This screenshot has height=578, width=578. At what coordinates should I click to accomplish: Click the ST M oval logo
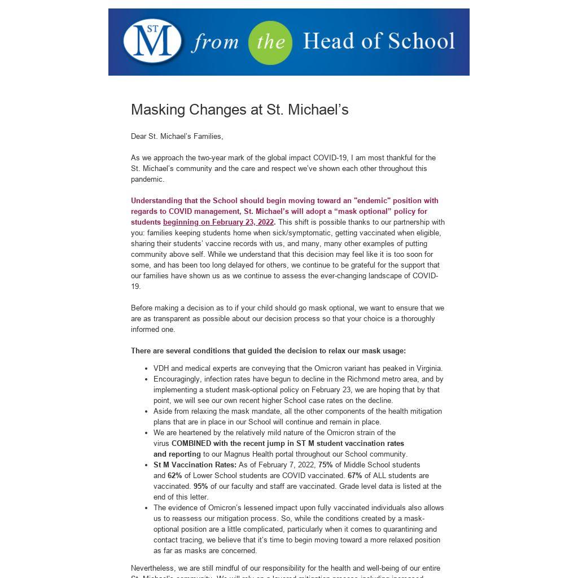[152, 41]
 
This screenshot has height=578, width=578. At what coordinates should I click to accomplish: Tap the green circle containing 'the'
[270, 42]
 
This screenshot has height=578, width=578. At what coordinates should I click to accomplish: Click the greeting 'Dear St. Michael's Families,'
[177, 136]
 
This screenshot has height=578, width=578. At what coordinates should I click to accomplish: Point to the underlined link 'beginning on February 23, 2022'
[218, 222]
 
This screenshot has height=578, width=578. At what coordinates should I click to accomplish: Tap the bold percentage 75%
[326, 465]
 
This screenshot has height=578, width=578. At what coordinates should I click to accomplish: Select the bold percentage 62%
[175, 476]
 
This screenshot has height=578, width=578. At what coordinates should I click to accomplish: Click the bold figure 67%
[354, 476]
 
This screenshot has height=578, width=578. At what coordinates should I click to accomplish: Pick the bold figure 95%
[200, 487]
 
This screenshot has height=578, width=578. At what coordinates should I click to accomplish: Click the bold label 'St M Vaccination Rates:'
[195, 465]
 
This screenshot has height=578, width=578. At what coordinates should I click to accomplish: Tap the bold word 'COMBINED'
[191, 444]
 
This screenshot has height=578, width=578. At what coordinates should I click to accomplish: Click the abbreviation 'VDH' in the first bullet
[161, 369]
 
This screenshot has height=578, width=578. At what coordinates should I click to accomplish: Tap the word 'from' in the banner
[215, 42]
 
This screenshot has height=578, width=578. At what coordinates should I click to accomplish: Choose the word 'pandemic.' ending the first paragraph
[148, 179]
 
